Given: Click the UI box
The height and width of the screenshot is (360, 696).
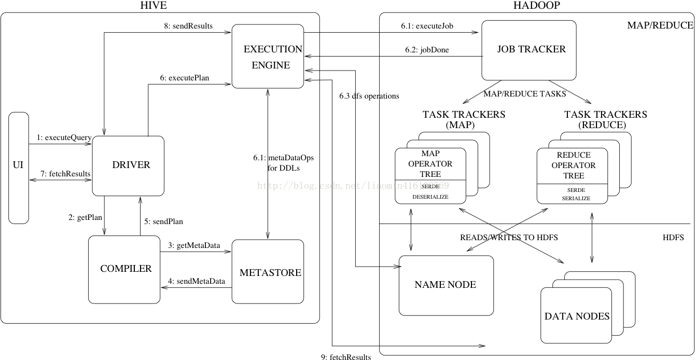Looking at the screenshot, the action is coord(19,168).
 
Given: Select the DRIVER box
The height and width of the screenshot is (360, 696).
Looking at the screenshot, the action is coord(128,165).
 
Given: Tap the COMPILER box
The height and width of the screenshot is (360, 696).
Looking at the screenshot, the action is coord(124,270).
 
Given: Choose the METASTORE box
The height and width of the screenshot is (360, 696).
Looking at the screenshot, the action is coord(268,271).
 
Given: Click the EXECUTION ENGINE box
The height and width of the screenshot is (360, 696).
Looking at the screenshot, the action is coord(268,56).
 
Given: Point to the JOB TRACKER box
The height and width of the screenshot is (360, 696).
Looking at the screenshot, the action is coord(529,50).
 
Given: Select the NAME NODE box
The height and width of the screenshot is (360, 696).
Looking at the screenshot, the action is coord(446,285).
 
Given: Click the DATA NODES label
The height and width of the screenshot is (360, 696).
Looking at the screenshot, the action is coord(577,316).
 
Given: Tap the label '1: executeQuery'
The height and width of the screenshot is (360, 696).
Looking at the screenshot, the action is coord(64,137).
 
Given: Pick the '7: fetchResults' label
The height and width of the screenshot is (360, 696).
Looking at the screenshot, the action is coord(65,173).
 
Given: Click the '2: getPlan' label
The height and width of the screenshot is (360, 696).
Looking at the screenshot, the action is coord(85,217).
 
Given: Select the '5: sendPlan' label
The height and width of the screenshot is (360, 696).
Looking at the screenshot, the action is coord(163,221).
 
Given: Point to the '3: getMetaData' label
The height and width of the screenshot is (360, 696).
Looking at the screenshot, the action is coord(194,245).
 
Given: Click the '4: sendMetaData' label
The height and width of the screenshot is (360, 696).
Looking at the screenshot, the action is coord(197,281).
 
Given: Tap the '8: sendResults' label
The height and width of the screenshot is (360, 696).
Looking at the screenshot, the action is coord(188,26).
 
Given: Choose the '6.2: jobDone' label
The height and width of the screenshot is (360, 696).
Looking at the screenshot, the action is coord(427,50).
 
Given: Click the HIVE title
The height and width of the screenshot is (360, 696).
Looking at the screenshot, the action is coord(154,5).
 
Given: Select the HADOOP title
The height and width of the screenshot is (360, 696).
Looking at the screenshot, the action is coord(537,5).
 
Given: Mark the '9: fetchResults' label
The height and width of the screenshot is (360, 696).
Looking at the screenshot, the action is coord(346,356).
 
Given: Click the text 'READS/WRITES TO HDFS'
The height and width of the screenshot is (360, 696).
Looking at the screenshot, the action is coord(509,238).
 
